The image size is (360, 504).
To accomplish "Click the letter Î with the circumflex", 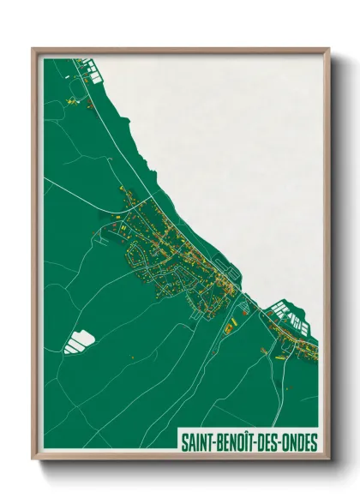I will point(250,442).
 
